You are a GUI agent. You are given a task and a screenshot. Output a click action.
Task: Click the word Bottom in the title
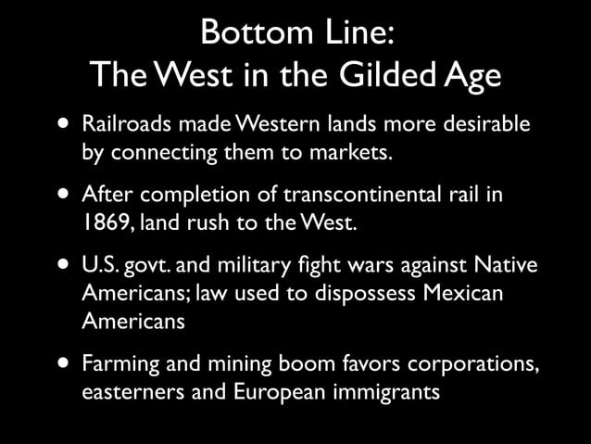pyautogui.click(x=246, y=32)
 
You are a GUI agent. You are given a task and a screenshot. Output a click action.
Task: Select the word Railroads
pyautogui.click(x=122, y=124)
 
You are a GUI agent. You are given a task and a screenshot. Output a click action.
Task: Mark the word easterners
pyautogui.click(x=128, y=391)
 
